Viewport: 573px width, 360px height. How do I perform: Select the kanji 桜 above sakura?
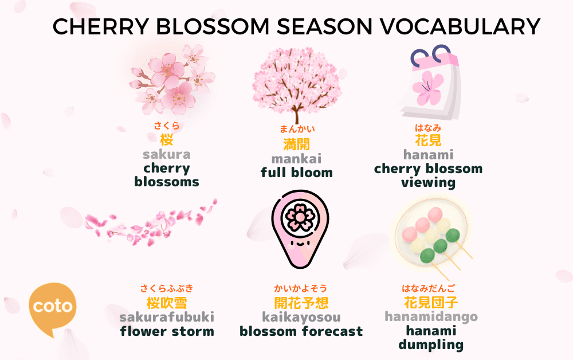click(166, 139)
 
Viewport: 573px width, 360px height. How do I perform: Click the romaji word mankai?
click(296, 158)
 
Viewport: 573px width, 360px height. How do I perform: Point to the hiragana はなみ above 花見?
click(428, 128)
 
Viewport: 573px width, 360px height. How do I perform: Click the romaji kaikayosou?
click(301, 317)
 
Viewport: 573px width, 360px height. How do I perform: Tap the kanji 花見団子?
click(431, 303)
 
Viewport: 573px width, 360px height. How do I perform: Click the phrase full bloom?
click(296, 173)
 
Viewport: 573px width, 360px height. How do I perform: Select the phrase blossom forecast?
click(301, 331)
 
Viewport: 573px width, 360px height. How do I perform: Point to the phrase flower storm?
click(167, 331)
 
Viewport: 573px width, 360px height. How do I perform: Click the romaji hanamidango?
click(431, 317)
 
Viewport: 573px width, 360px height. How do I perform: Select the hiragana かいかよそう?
click(301, 288)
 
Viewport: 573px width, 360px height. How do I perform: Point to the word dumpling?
click(431, 345)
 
